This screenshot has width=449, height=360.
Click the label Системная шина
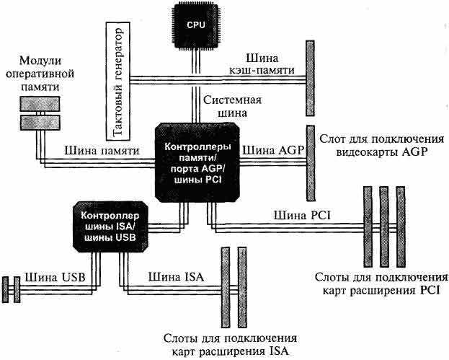236,106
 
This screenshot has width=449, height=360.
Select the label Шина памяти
94,152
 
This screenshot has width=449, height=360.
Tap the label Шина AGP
274,150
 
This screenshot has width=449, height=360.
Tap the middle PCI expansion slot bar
383,226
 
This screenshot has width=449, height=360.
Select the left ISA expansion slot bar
224,288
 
